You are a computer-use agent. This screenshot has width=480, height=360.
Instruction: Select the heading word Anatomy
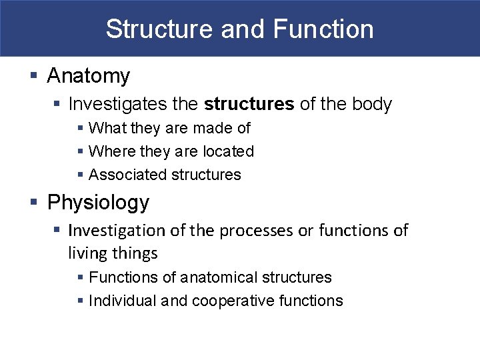click(88, 77)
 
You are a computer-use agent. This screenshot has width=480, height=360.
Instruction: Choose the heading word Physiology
click(98, 202)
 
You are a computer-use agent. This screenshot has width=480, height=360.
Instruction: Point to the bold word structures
click(249, 105)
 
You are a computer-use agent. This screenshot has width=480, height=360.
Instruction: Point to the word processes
click(256, 231)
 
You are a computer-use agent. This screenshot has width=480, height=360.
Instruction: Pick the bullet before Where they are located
click(80, 152)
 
